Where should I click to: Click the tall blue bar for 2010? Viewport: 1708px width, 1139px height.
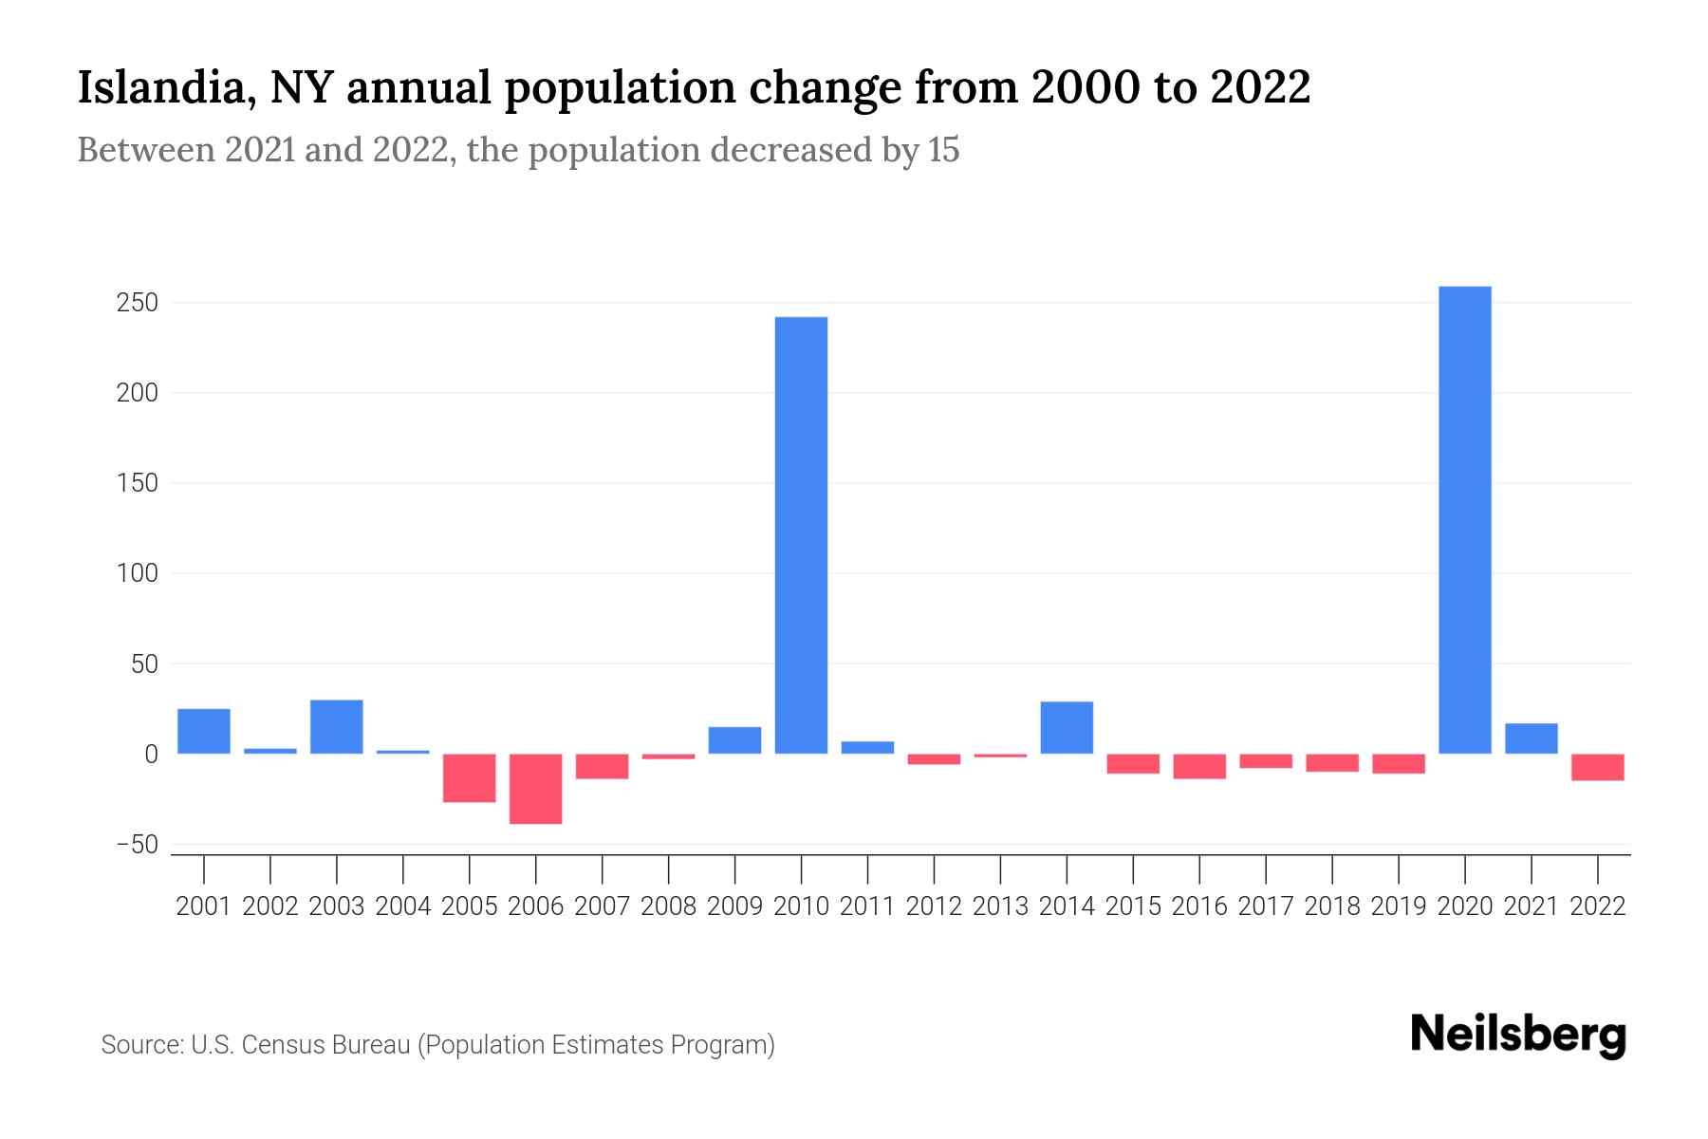coord(801,535)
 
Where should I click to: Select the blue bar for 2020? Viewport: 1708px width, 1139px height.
coord(1464,520)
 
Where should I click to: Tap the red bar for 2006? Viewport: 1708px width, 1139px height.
coord(536,789)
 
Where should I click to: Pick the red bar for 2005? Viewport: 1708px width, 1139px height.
coord(470,778)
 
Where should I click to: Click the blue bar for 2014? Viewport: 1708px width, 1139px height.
coord(1067,728)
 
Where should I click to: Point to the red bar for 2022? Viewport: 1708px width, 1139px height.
coord(1597,767)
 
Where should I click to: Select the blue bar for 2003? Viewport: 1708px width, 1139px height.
coord(337,727)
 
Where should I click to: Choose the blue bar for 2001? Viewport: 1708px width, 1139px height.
coord(204,731)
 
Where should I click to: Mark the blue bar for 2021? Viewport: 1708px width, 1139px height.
coord(1531,738)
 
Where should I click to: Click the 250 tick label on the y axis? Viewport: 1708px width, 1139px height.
coord(138,303)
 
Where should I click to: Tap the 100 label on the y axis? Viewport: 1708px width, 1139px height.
coord(138,573)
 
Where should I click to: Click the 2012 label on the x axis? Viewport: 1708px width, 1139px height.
coord(934,906)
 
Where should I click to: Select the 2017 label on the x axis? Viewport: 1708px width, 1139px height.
coord(1266,906)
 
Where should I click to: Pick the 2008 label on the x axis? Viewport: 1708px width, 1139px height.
coord(668,906)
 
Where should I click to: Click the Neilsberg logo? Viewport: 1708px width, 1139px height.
coord(1517,1035)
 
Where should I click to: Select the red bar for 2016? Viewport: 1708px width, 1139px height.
coord(1199,766)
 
